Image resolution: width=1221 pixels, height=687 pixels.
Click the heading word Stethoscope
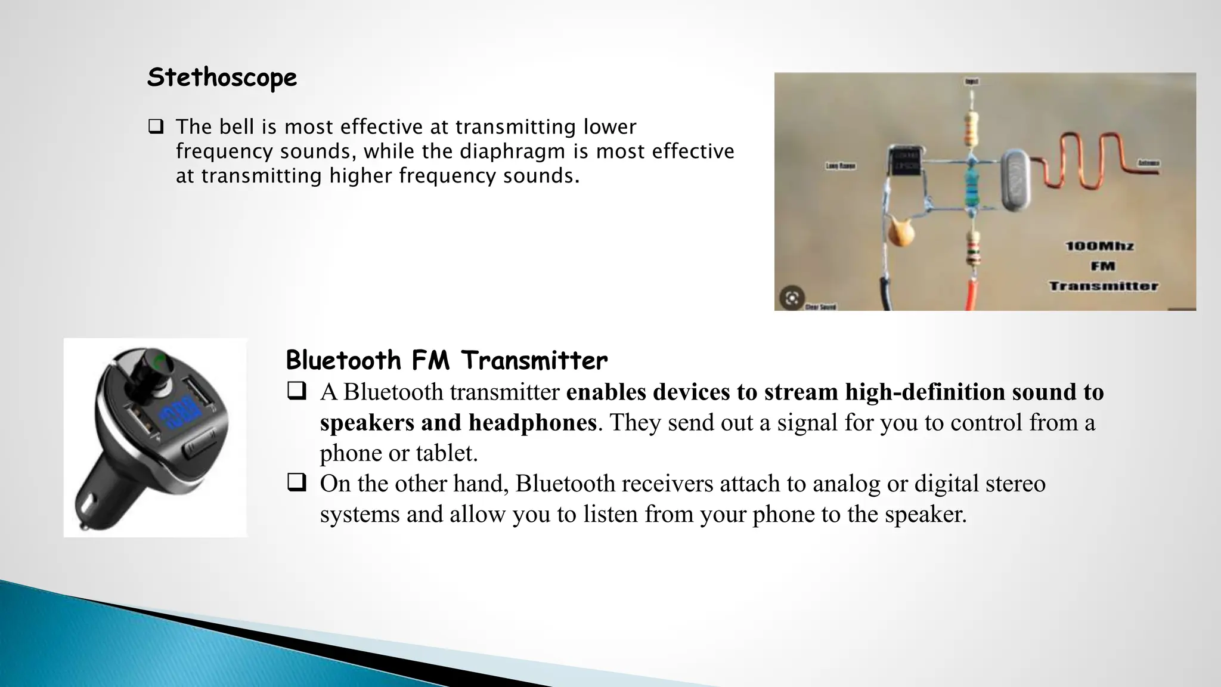click(x=222, y=78)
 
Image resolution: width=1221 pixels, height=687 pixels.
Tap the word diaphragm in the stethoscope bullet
click(x=517, y=151)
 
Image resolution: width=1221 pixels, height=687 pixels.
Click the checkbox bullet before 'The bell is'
click(x=156, y=126)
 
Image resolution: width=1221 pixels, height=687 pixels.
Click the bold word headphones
click(x=532, y=422)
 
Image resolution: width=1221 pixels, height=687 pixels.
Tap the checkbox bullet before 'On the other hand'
click(x=296, y=482)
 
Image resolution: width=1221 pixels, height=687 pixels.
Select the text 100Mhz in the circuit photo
click(x=1099, y=246)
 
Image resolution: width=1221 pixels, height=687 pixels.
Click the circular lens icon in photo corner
click(x=792, y=298)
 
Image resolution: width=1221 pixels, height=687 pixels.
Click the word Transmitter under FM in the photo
click(x=1103, y=286)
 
